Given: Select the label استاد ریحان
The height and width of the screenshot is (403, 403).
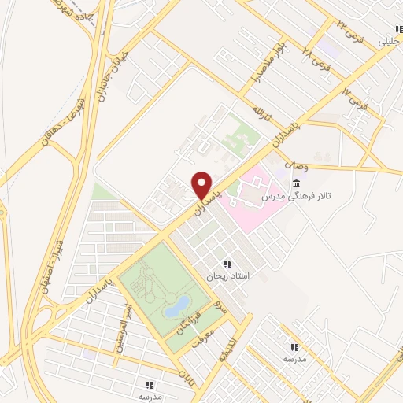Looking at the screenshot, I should [227, 276].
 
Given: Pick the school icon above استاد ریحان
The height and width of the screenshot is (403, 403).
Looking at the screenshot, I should [227, 264].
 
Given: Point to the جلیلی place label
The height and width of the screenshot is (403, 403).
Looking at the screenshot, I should [389, 39].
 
